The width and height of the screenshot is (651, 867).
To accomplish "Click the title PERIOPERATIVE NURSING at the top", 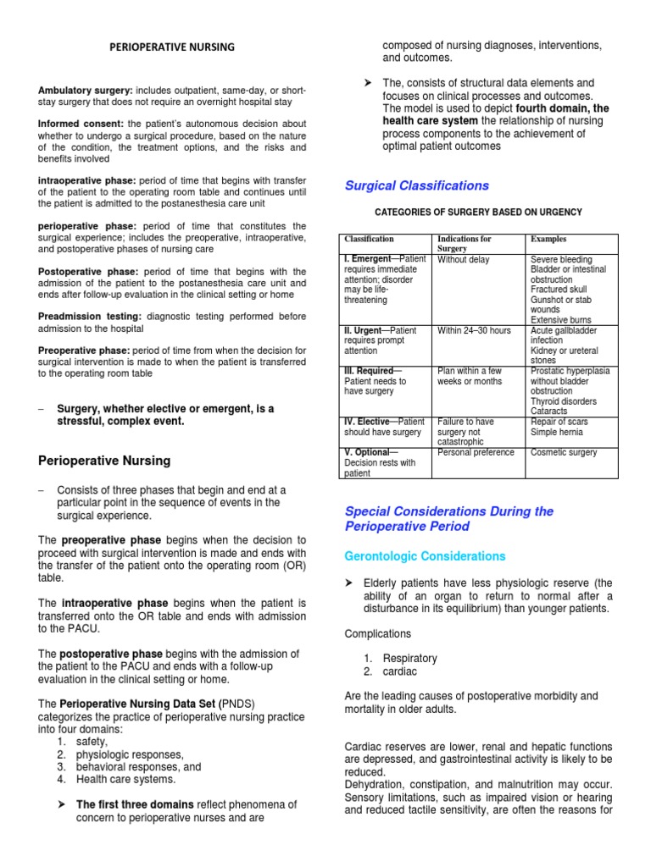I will (172, 47).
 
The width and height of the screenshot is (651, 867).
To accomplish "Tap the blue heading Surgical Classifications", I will (416, 185).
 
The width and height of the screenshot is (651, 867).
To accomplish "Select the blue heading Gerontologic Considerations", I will (425, 556).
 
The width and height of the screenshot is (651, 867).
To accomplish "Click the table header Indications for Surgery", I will (464, 244).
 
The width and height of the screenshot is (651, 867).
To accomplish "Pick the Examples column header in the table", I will (548, 240).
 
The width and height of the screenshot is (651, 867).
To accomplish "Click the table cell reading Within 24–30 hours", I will (474, 330).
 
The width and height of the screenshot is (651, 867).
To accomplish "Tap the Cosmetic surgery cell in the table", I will (564, 452).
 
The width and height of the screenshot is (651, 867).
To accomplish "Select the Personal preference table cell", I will (476, 452).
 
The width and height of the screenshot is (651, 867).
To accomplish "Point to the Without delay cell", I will (464, 260).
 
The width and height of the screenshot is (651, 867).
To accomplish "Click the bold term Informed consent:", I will (81, 124).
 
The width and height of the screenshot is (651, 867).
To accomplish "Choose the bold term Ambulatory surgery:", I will (85, 91).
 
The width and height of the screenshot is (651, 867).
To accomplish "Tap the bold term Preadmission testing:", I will (91, 317).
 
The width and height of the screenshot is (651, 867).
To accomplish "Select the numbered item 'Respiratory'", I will (410, 658).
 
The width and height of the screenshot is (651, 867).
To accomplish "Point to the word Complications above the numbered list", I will (378, 633).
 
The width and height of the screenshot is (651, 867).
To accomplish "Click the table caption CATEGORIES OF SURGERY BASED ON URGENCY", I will (478, 212).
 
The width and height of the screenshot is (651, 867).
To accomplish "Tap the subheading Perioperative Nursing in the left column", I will (105, 461).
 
